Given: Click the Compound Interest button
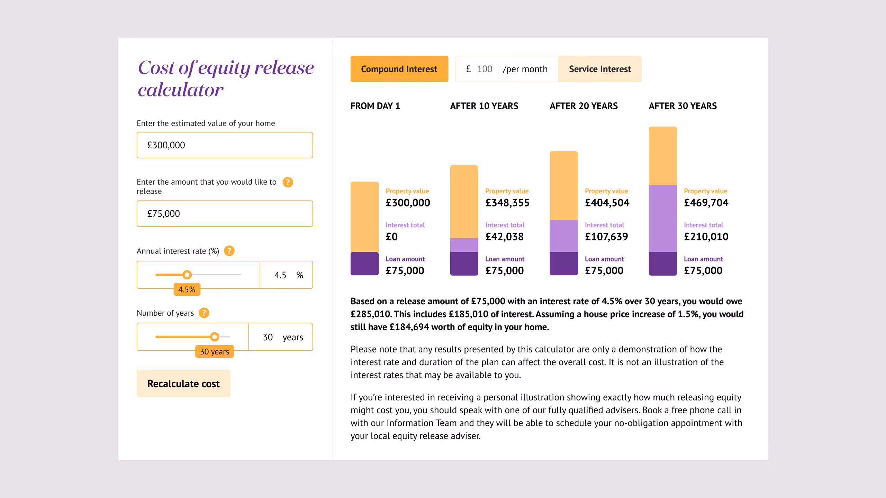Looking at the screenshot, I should tap(399, 69).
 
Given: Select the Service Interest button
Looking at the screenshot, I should tap(600, 69).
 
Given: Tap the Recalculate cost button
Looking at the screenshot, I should tap(183, 384).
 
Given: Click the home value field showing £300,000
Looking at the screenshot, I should tap(225, 145).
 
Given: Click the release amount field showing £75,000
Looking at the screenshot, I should tap(225, 213).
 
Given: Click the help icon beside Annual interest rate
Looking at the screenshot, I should tap(229, 251).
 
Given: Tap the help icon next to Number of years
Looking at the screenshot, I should tap(204, 313).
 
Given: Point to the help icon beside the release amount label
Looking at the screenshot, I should tap(288, 182).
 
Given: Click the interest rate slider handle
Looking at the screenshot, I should tap(187, 275).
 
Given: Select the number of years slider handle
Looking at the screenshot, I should tap(215, 336).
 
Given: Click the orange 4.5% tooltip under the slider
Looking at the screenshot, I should tap(187, 289).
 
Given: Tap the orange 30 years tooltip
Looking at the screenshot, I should tap(215, 352).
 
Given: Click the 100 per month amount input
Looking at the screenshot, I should tap(485, 69).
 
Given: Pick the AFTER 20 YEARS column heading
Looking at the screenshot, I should tap(584, 106).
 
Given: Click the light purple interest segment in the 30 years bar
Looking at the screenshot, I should tap(662, 219).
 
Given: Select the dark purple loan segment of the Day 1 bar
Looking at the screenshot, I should tap(364, 264).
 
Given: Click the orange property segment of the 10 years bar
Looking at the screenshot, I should tap(464, 202).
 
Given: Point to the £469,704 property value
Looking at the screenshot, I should tap(706, 203).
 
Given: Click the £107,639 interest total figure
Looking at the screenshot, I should tap(606, 237).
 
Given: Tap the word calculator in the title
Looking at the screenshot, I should tap(181, 90).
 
